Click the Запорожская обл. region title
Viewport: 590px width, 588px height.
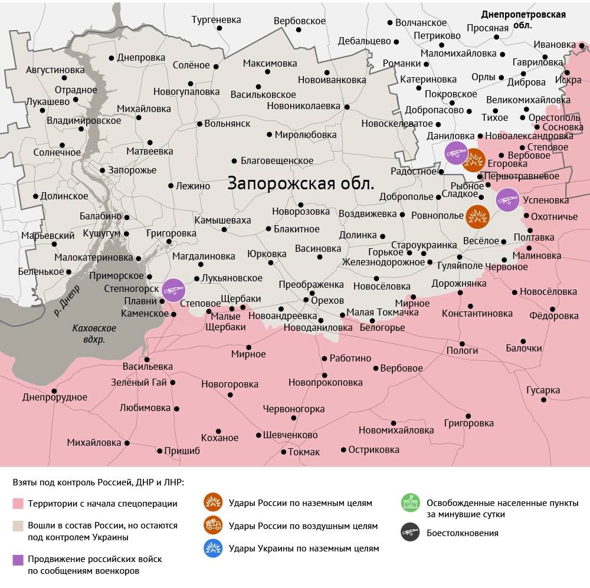click(301, 183)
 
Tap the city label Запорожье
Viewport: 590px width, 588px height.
click(132, 170)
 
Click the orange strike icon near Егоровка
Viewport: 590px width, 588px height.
click(474, 159)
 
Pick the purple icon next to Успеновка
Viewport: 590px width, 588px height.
click(507, 200)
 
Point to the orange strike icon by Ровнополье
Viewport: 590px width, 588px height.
click(477, 217)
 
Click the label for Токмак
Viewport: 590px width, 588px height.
click(304, 452)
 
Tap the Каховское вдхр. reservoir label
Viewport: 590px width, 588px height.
click(94, 334)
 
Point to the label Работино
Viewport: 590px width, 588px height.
click(350, 358)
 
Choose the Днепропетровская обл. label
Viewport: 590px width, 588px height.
click(523, 19)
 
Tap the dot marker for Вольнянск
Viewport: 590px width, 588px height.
click(199, 124)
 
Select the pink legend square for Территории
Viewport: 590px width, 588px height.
click(18, 504)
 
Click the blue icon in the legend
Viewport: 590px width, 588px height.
click(212, 548)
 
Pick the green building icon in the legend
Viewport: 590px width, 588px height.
click(409, 503)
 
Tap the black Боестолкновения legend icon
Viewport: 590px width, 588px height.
click(409, 533)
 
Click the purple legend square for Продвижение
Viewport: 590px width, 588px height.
click(18, 559)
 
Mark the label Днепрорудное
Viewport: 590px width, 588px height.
click(54, 397)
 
